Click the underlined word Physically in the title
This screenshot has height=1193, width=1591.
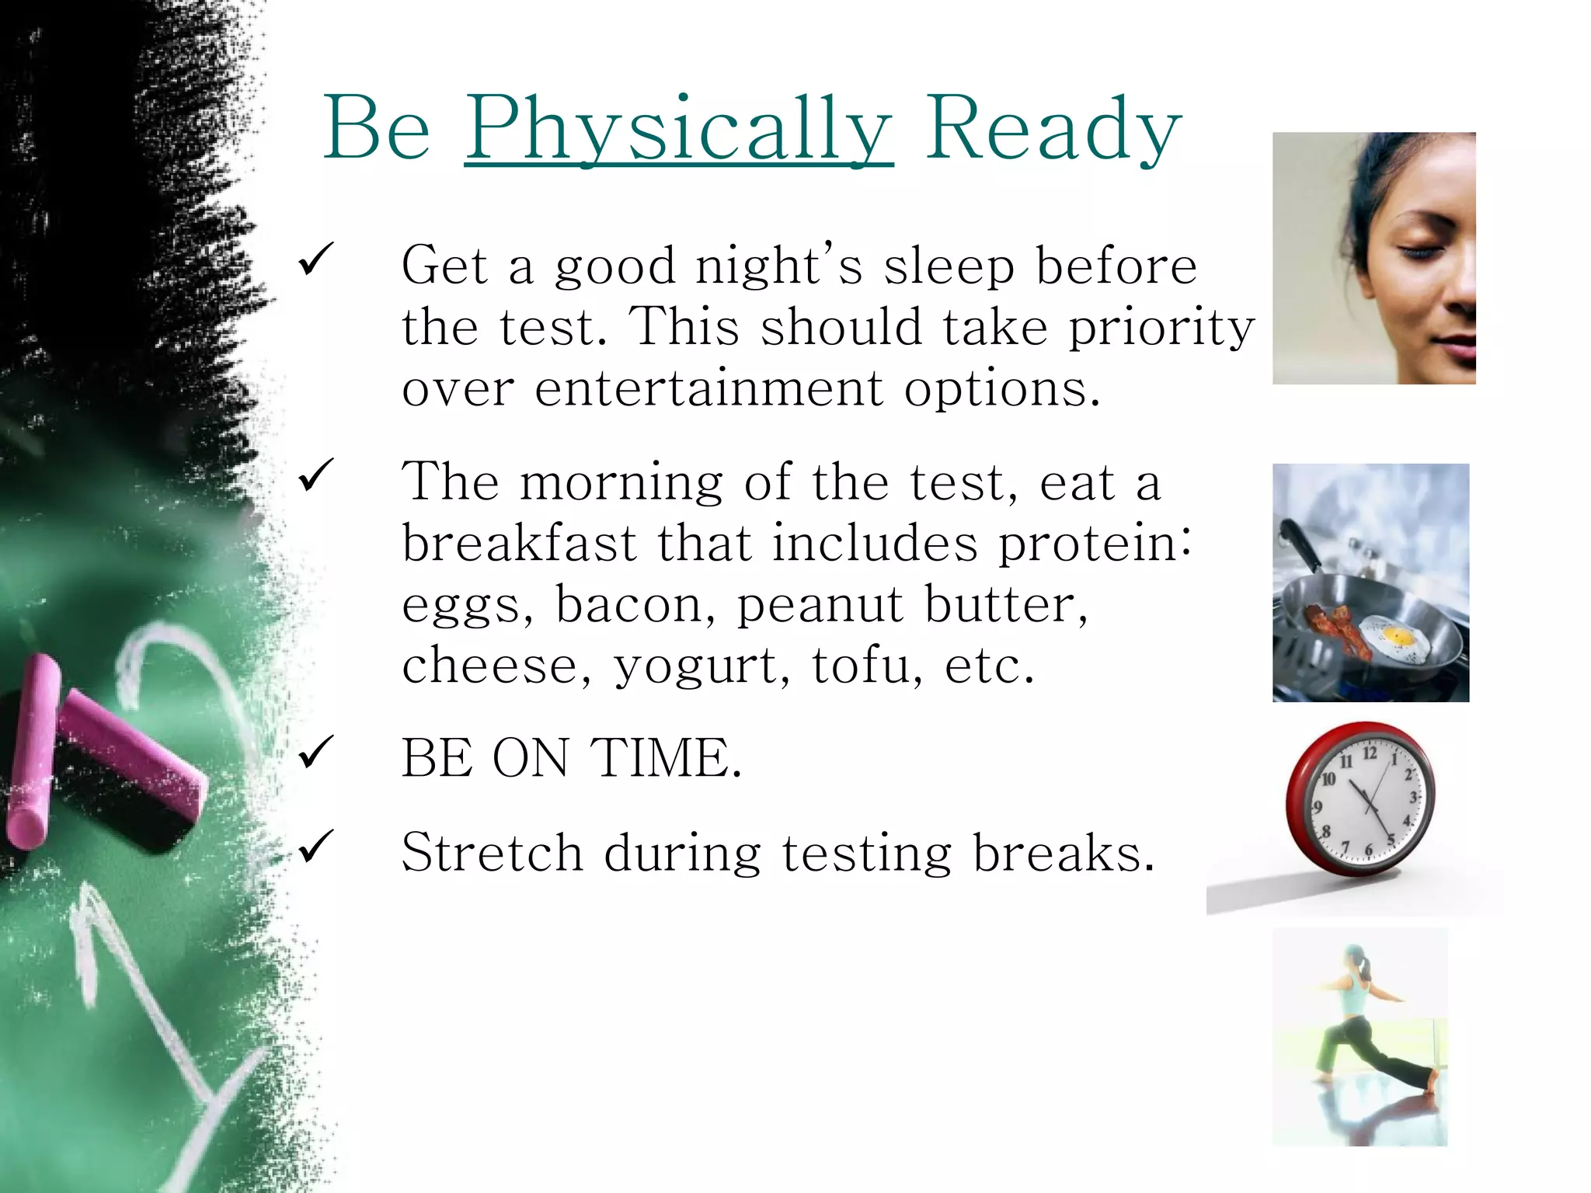coord(678,128)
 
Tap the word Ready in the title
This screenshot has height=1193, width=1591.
coord(1053,128)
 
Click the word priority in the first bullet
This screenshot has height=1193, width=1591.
coord(1161,328)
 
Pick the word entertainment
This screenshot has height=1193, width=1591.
coord(708,388)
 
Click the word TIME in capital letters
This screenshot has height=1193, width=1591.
coord(666,758)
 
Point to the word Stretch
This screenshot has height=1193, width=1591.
coord(492,853)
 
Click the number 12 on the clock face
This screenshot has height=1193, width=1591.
coord(1370,753)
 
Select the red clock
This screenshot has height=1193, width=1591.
coord(1359,800)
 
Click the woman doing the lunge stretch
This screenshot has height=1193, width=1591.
coord(1359,1025)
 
